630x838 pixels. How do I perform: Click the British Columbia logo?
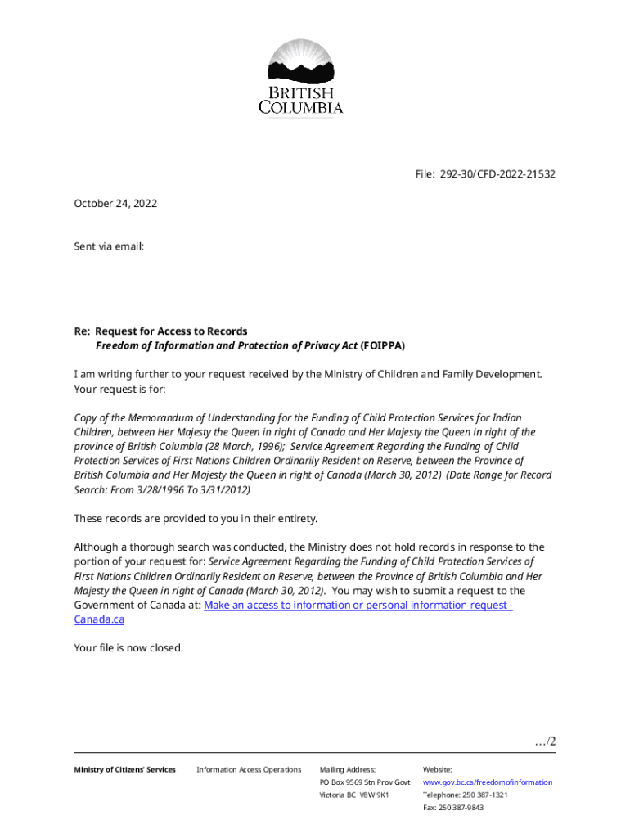tap(301, 77)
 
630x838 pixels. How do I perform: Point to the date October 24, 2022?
tap(115, 203)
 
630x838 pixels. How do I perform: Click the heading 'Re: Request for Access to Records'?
tap(160, 331)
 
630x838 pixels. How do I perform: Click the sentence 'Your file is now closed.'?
tap(128, 647)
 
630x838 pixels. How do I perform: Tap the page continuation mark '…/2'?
tap(545, 741)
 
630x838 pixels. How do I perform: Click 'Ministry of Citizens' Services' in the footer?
tap(124, 769)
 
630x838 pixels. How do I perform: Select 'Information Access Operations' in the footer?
tap(249, 769)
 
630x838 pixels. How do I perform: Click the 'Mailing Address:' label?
tap(347, 769)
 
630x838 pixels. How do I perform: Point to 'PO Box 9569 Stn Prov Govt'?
tap(364, 782)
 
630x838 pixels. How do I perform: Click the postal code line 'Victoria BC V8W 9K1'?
tap(353, 795)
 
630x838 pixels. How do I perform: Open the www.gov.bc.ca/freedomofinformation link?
tap(487, 782)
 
